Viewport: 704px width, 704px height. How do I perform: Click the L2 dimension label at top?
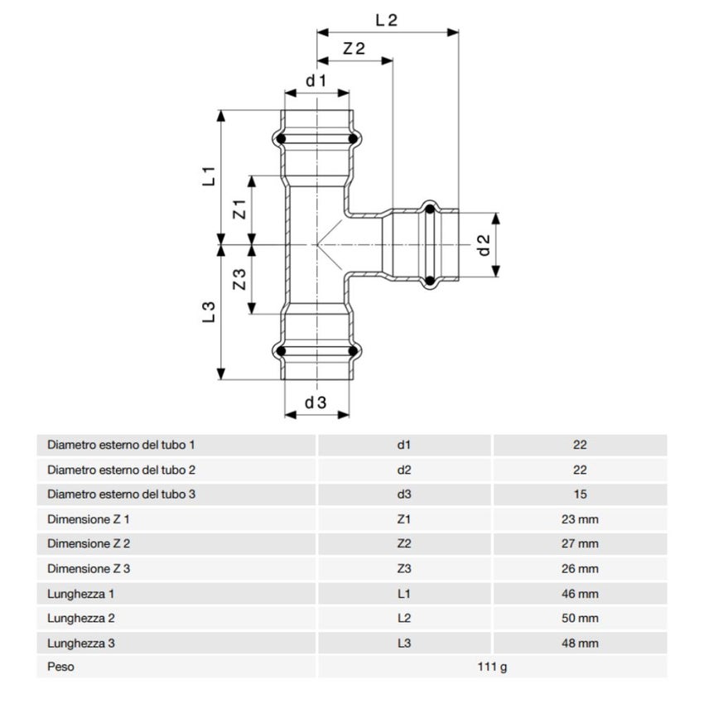point(386,20)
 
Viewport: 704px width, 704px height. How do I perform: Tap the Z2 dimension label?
point(354,49)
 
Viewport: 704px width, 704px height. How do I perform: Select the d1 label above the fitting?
point(316,80)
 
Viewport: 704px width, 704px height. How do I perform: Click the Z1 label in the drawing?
point(240,209)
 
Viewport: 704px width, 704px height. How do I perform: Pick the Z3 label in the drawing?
point(239,279)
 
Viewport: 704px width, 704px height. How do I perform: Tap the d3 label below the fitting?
point(316,403)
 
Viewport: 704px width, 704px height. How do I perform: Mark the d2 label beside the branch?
point(485,244)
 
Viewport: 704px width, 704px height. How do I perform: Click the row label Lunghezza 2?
point(81,618)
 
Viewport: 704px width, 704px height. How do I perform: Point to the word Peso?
point(60,667)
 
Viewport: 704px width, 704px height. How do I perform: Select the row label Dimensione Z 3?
point(89,569)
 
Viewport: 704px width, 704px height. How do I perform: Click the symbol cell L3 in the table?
point(404,643)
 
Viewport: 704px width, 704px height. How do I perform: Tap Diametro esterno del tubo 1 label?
point(122,445)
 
